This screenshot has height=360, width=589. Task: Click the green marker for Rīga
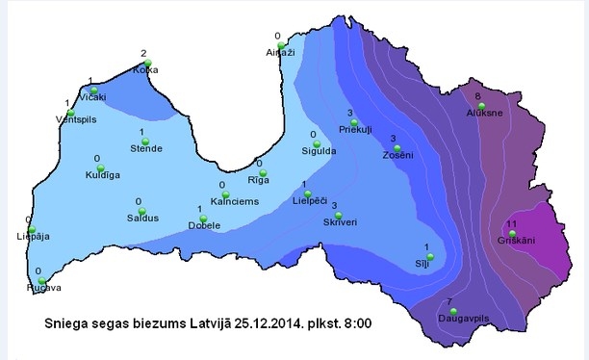(x=262, y=174)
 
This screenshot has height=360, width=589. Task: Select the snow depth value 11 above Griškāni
(x=512, y=223)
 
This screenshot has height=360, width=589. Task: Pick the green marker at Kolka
(x=147, y=64)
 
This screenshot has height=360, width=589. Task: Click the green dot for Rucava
(x=42, y=281)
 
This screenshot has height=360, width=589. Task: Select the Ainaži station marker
(x=281, y=45)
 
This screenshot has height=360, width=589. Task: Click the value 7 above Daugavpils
(x=449, y=301)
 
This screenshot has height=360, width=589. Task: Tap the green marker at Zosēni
(x=409, y=149)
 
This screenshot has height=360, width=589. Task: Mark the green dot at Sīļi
(x=430, y=256)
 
